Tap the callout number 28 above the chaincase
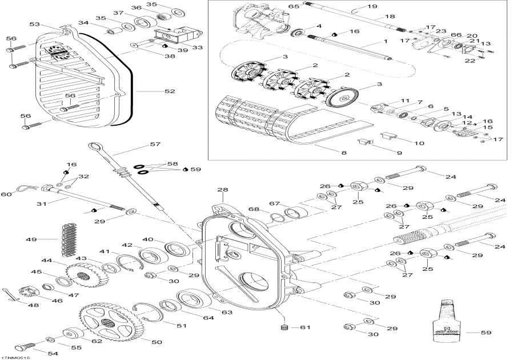pos(222,190)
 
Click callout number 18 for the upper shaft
pos(390,17)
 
